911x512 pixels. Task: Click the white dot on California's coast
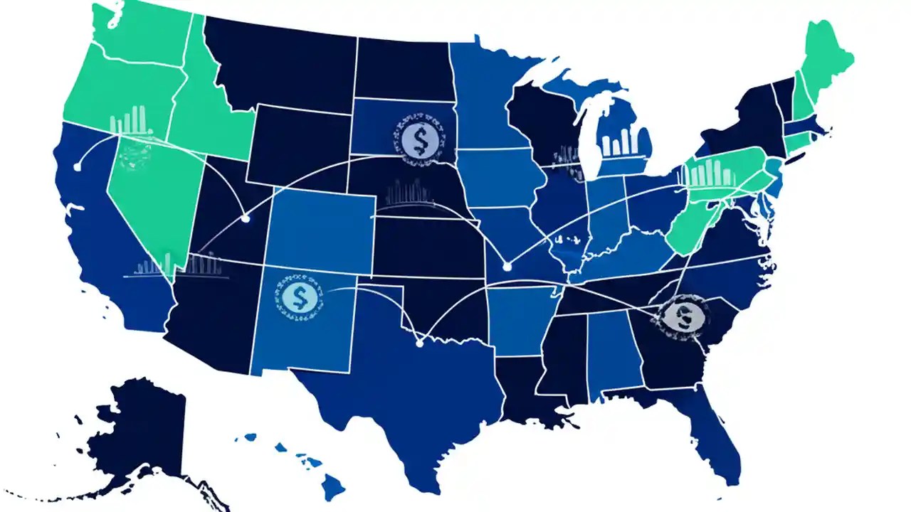click(77, 166)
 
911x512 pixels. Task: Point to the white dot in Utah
click(246, 219)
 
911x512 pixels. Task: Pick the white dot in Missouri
click(507, 267)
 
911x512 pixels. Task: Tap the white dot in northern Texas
click(419, 343)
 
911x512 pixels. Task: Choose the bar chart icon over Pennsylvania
click(712, 174)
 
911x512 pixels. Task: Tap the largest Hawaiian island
click(332, 488)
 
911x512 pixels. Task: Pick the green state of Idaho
click(206, 121)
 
